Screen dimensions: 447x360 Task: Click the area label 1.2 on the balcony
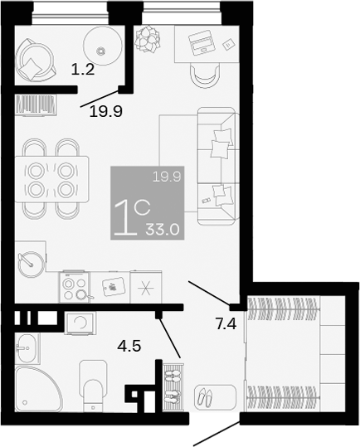pyautogui.click(x=83, y=70)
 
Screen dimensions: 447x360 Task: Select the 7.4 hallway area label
pyautogui.click(x=226, y=323)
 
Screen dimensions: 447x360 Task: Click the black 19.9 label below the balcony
pyautogui.click(x=105, y=110)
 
